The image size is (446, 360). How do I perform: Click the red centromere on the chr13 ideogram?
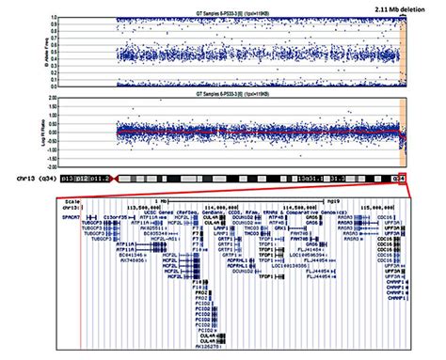[x=107, y=176]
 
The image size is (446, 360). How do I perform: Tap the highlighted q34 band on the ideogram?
[x=399, y=176]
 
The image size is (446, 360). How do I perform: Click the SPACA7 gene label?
[x=72, y=214]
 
